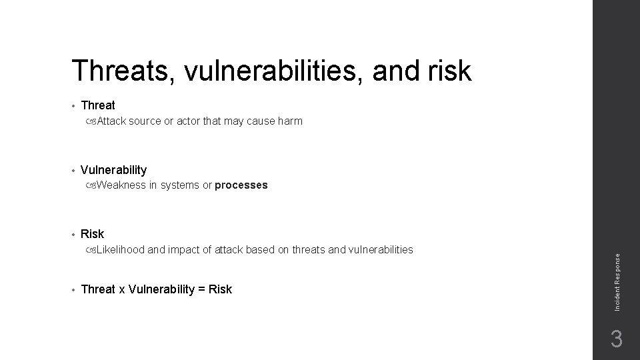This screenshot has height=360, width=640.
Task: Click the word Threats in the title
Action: [119, 71]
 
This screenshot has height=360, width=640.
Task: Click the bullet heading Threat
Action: [97, 105]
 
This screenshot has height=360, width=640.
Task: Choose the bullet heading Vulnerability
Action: [113, 170]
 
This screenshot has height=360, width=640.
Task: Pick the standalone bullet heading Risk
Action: [92, 234]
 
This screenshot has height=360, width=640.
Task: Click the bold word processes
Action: [241, 185]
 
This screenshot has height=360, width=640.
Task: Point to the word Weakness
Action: [121, 185]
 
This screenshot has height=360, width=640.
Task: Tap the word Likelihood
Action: [121, 250]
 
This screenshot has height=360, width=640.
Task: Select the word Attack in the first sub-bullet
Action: [111, 121]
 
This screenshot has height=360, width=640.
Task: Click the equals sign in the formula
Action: [201, 289]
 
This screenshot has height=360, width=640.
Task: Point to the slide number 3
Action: [617, 339]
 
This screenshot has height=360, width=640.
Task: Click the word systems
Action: [179, 185]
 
